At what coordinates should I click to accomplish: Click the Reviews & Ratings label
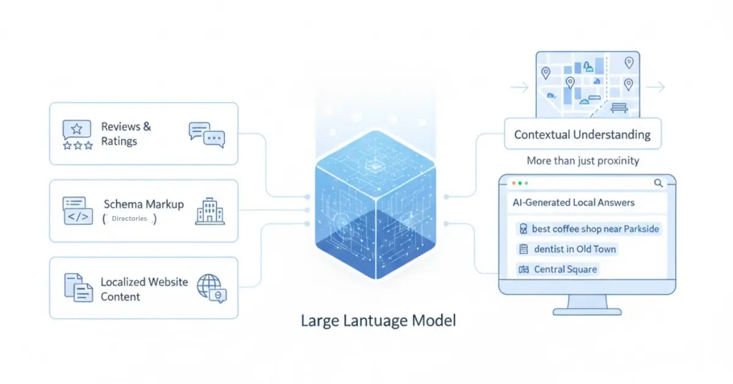(126, 134)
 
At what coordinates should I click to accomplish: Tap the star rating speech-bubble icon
(77, 135)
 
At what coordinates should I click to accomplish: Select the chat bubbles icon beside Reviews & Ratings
(206, 135)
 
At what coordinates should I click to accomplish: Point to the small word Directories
(129, 218)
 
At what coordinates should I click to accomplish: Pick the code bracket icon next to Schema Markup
(77, 211)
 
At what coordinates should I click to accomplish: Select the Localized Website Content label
(144, 289)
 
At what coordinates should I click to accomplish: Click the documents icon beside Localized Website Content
(78, 288)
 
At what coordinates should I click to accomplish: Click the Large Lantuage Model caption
(378, 320)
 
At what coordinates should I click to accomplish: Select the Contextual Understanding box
(582, 135)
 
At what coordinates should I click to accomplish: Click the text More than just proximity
(582, 161)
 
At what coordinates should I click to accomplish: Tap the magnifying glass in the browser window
(658, 183)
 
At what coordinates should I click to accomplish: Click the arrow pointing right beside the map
(655, 88)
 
